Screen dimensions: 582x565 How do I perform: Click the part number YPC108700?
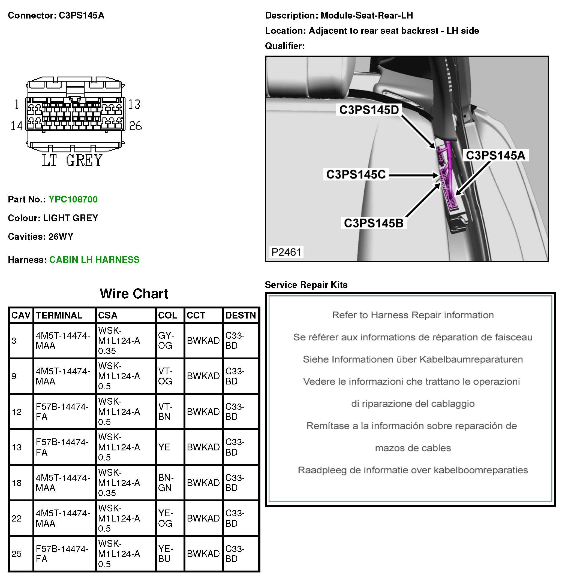tap(73, 199)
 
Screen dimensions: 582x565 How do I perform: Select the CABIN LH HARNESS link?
tap(94, 260)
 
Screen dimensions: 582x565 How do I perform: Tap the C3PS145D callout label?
tap(369, 110)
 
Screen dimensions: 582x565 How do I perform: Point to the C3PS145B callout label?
tap(374, 223)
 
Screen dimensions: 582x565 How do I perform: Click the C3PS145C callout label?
tap(356, 175)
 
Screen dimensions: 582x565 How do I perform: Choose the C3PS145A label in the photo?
tap(495, 155)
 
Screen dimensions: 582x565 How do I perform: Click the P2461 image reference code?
tap(286, 252)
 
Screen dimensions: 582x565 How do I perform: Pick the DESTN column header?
tap(241, 315)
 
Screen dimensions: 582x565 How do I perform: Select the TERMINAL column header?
tap(59, 315)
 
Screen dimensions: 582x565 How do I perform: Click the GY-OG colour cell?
tap(165, 340)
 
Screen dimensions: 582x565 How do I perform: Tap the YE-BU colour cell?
tap(165, 554)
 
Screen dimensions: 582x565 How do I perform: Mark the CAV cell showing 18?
tap(17, 483)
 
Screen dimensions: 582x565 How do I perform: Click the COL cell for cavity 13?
tap(164, 447)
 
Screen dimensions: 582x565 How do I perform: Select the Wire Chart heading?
tap(134, 294)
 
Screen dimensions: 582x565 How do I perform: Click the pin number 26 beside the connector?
tap(136, 126)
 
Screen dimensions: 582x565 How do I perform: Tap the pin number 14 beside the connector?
tap(16, 126)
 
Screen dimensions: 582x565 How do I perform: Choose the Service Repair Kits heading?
tap(306, 285)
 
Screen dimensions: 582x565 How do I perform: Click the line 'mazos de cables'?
tap(413, 448)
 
